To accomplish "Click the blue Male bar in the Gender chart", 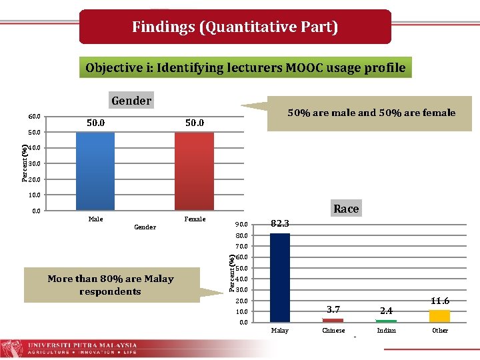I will pyautogui.click(x=95, y=171).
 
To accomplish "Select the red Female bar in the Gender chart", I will pyautogui.click(x=194, y=171).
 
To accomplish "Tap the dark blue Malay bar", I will pyautogui.click(x=279, y=277).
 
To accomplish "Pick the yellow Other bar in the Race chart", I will pyautogui.click(x=439, y=316).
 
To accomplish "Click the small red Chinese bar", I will pyautogui.click(x=333, y=321).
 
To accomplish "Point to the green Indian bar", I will pyautogui.click(x=386, y=321).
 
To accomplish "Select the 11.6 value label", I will pyautogui.click(x=440, y=301).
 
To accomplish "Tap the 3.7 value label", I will pyautogui.click(x=334, y=309).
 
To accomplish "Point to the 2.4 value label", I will pyautogui.click(x=387, y=311).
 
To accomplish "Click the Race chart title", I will pyautogui.click(x=346, y=209).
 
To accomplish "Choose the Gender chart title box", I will pyautogui.click(x=131, y=101).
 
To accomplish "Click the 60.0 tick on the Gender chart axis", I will pyautogui.click(x=34, y=117).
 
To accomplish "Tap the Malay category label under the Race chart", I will pyautogui.click(x=280, y=331).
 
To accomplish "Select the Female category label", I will pyautogui.click(x=195, y=219).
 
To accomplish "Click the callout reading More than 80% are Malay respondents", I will pyautogui.click(x=111, y=285).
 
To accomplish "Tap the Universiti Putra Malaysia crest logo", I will pyautogui.click(x=11, y=348).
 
